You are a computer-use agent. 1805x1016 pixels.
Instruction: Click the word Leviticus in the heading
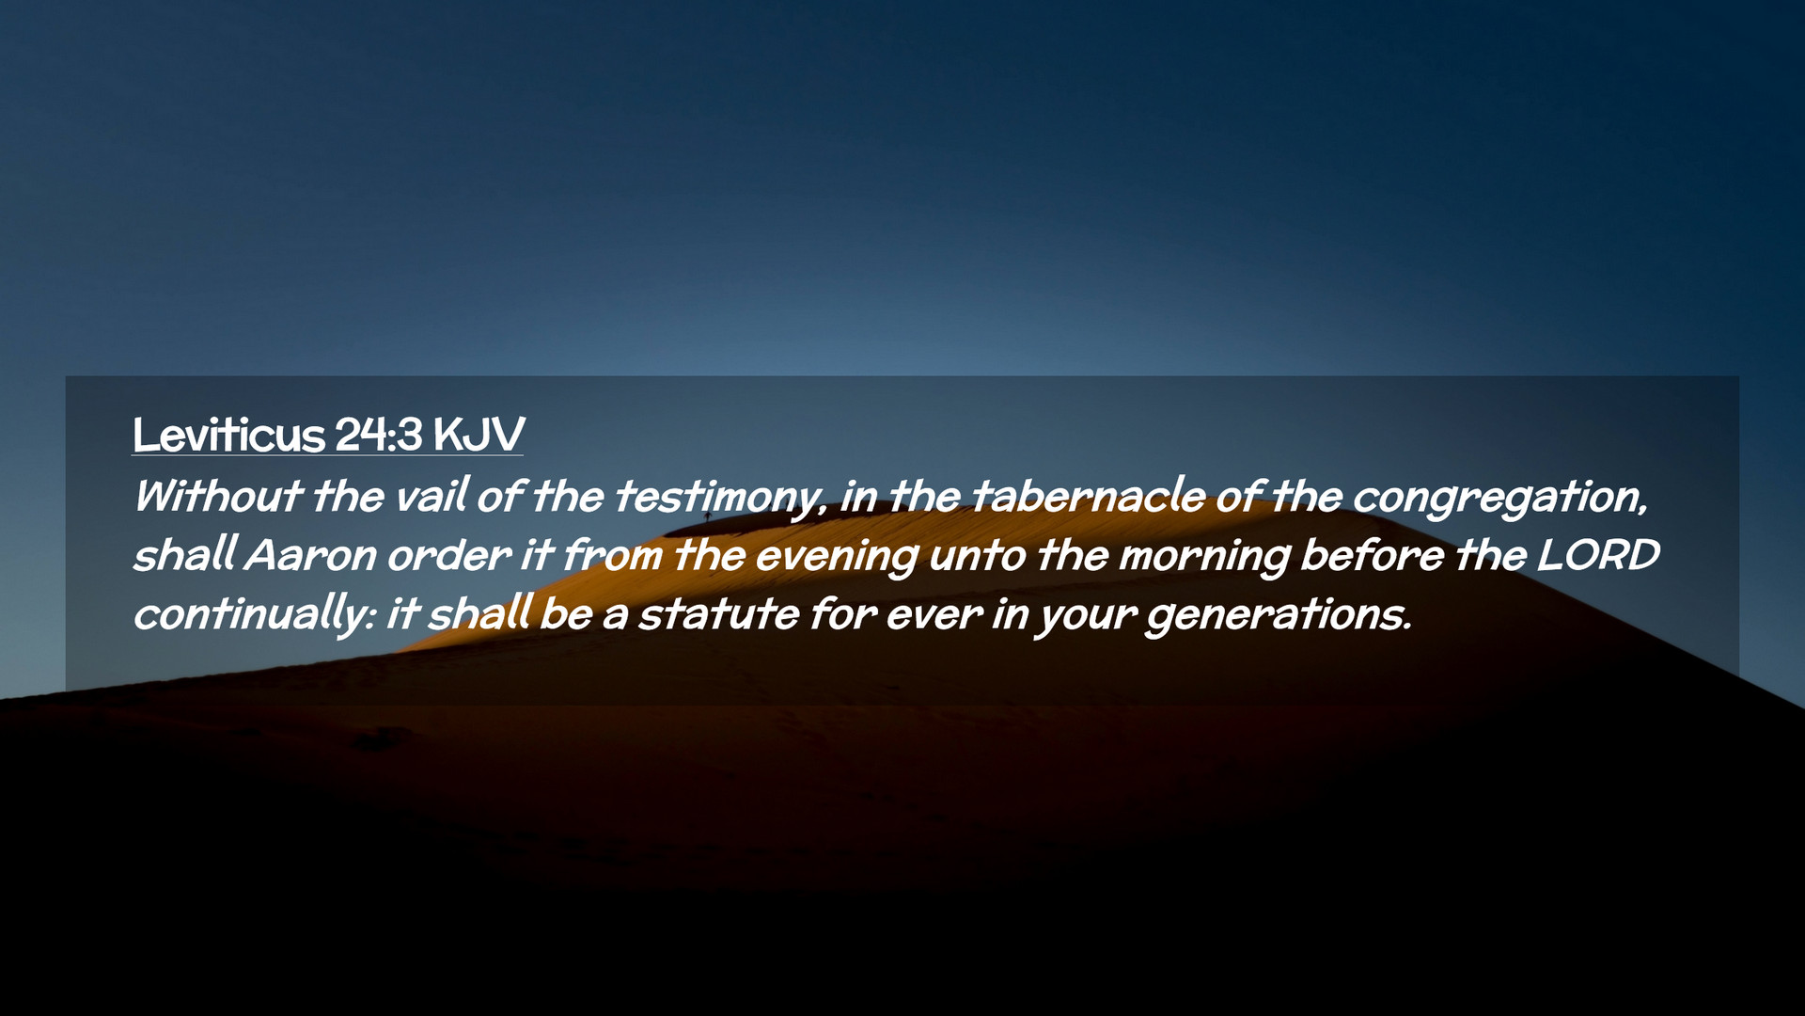(x=228, y=435)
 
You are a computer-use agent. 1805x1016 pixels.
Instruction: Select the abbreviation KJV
(x=479, y=435)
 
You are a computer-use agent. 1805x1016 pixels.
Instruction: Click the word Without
(x=217, y=496)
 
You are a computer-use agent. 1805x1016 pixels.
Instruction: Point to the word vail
(x=432, y=496)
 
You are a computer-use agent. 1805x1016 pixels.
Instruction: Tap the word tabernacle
(x=1088, y=496)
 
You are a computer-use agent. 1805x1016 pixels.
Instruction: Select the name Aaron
(x=310, y=555)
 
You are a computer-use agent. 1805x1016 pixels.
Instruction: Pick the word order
(x=449, y=555)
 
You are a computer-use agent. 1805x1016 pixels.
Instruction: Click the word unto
(x=977, y=555)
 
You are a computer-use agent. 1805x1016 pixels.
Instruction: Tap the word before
(x=1373, y=555)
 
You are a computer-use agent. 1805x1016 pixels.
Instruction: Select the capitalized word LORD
(x=1598, y=555)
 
